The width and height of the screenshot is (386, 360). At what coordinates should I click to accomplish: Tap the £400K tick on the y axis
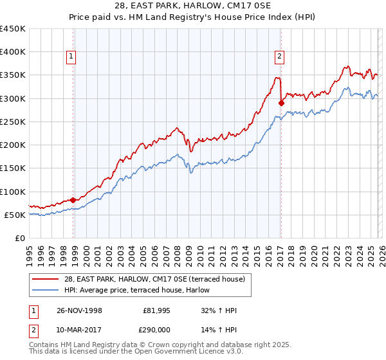pyautogui.click(x=13, y=52)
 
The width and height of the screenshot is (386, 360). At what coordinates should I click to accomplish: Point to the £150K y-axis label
pyautogui.click(x=13, y=168)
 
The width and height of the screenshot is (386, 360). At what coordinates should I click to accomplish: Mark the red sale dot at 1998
pyautogui.click(x=73, y=200)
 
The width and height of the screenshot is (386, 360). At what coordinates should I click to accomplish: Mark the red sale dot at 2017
pyautogui.click(x=281, y=103)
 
